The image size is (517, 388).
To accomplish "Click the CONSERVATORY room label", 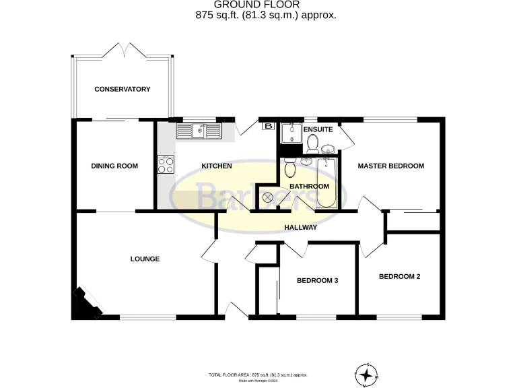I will tap(122, 89).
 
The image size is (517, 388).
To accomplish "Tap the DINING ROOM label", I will tap(114, 166).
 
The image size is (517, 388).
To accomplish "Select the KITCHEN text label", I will tap(217, 166).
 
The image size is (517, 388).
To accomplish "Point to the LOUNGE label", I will tap(145, 258).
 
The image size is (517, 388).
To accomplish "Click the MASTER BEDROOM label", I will tap(390, 166).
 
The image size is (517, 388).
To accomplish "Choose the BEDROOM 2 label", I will tap(399, 276).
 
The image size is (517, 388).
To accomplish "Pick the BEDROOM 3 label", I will tap(317, 281).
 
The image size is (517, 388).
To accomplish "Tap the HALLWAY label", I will tap(300, 228).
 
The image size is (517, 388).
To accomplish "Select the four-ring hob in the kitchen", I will tap(166, 164).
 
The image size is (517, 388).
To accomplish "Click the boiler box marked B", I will tap(268, 126).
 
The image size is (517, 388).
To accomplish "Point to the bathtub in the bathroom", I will tap(328, 182).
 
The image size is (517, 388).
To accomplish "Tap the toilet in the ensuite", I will tap(312, 142).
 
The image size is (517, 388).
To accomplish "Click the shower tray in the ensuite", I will tap(291, 133).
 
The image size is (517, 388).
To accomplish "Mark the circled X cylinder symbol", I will tap(269, 197).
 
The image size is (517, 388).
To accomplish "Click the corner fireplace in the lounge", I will tap(85, 304).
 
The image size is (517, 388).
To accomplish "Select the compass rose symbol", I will tap(366, 373).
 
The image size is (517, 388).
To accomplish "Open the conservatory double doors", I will tap(123, 51).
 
